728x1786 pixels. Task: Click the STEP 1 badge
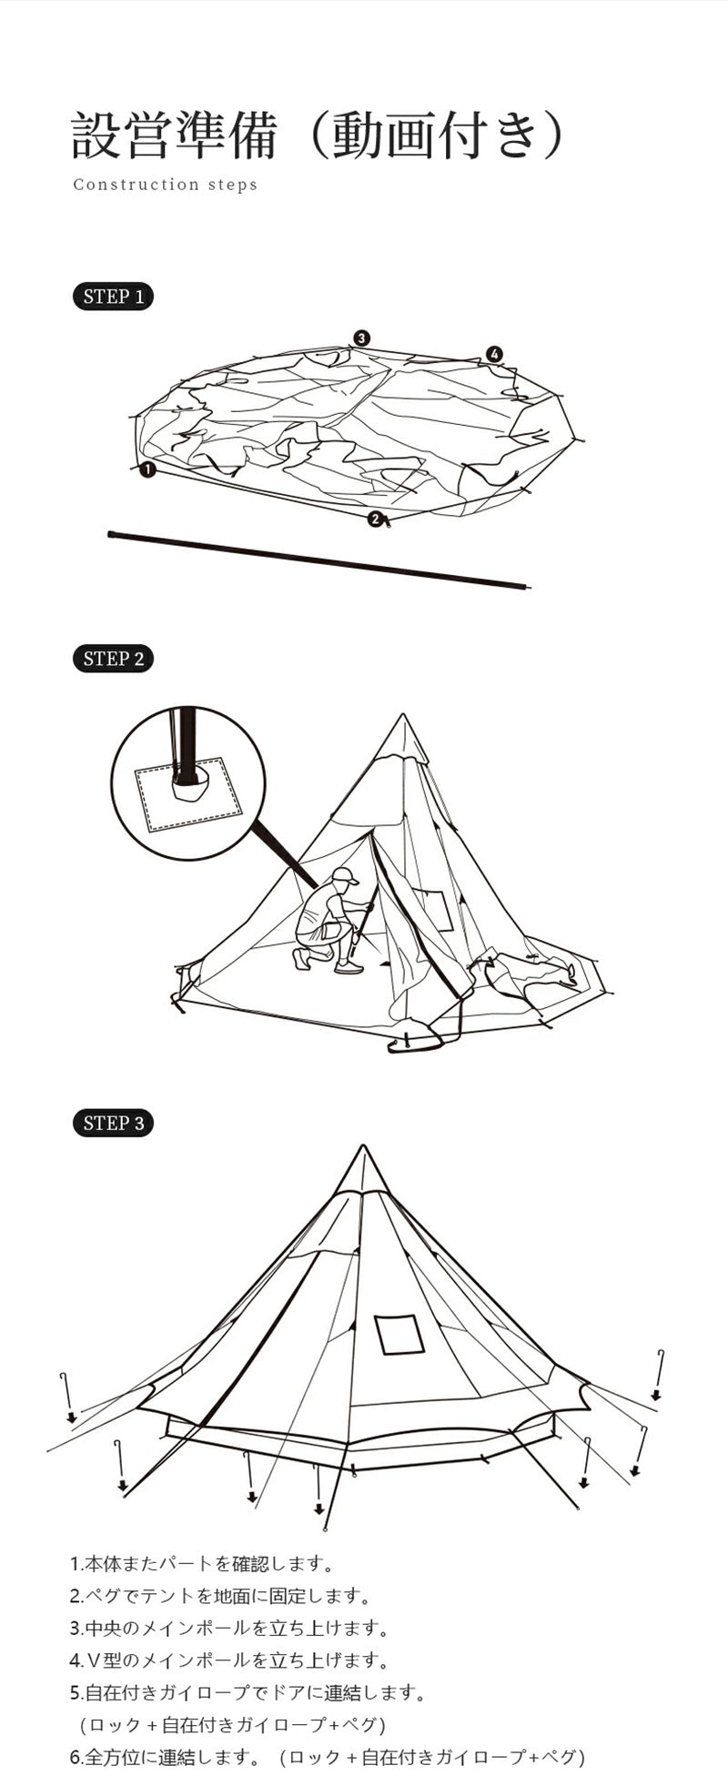coord(113,297)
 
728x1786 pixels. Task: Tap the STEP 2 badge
coord(113,659)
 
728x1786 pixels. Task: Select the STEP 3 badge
coord(113,1123)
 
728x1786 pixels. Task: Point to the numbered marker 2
coord(375,519)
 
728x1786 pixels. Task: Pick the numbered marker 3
coord(361,338)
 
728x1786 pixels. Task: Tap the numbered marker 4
coord(494,354)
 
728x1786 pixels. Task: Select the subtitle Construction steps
coord(165,185)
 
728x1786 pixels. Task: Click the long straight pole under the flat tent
coord(318,560)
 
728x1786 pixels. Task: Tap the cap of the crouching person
coord(343,875)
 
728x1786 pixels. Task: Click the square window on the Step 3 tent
coord(399,1334)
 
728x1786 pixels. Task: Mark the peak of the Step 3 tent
coord(363,1146)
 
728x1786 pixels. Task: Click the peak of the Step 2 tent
coord(402,715)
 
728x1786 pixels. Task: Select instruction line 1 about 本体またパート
coord(202,1564)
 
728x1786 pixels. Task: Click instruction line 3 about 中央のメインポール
coord(229,1628)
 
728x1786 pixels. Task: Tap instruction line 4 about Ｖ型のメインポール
coord(229,1660)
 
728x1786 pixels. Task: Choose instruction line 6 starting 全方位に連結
coord(328,1757)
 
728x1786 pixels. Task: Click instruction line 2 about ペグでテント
coord(220,1596)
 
